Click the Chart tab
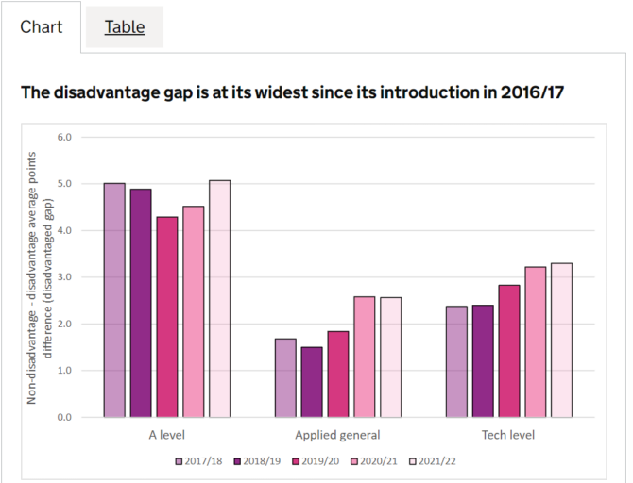click(42, 26)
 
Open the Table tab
click(125, 26)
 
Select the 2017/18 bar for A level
click(114, 300)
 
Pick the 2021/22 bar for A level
click(219, 298)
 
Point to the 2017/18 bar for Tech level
click(456, 361)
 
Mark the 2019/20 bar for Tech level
click(509, 351)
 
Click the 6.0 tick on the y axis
click(65, 138)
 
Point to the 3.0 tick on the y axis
click(65, 277)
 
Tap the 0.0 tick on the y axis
click(65, 417)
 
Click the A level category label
click(167, 435)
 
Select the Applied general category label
click(337, 435)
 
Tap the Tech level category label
click(508, 435)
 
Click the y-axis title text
click(39, 276)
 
